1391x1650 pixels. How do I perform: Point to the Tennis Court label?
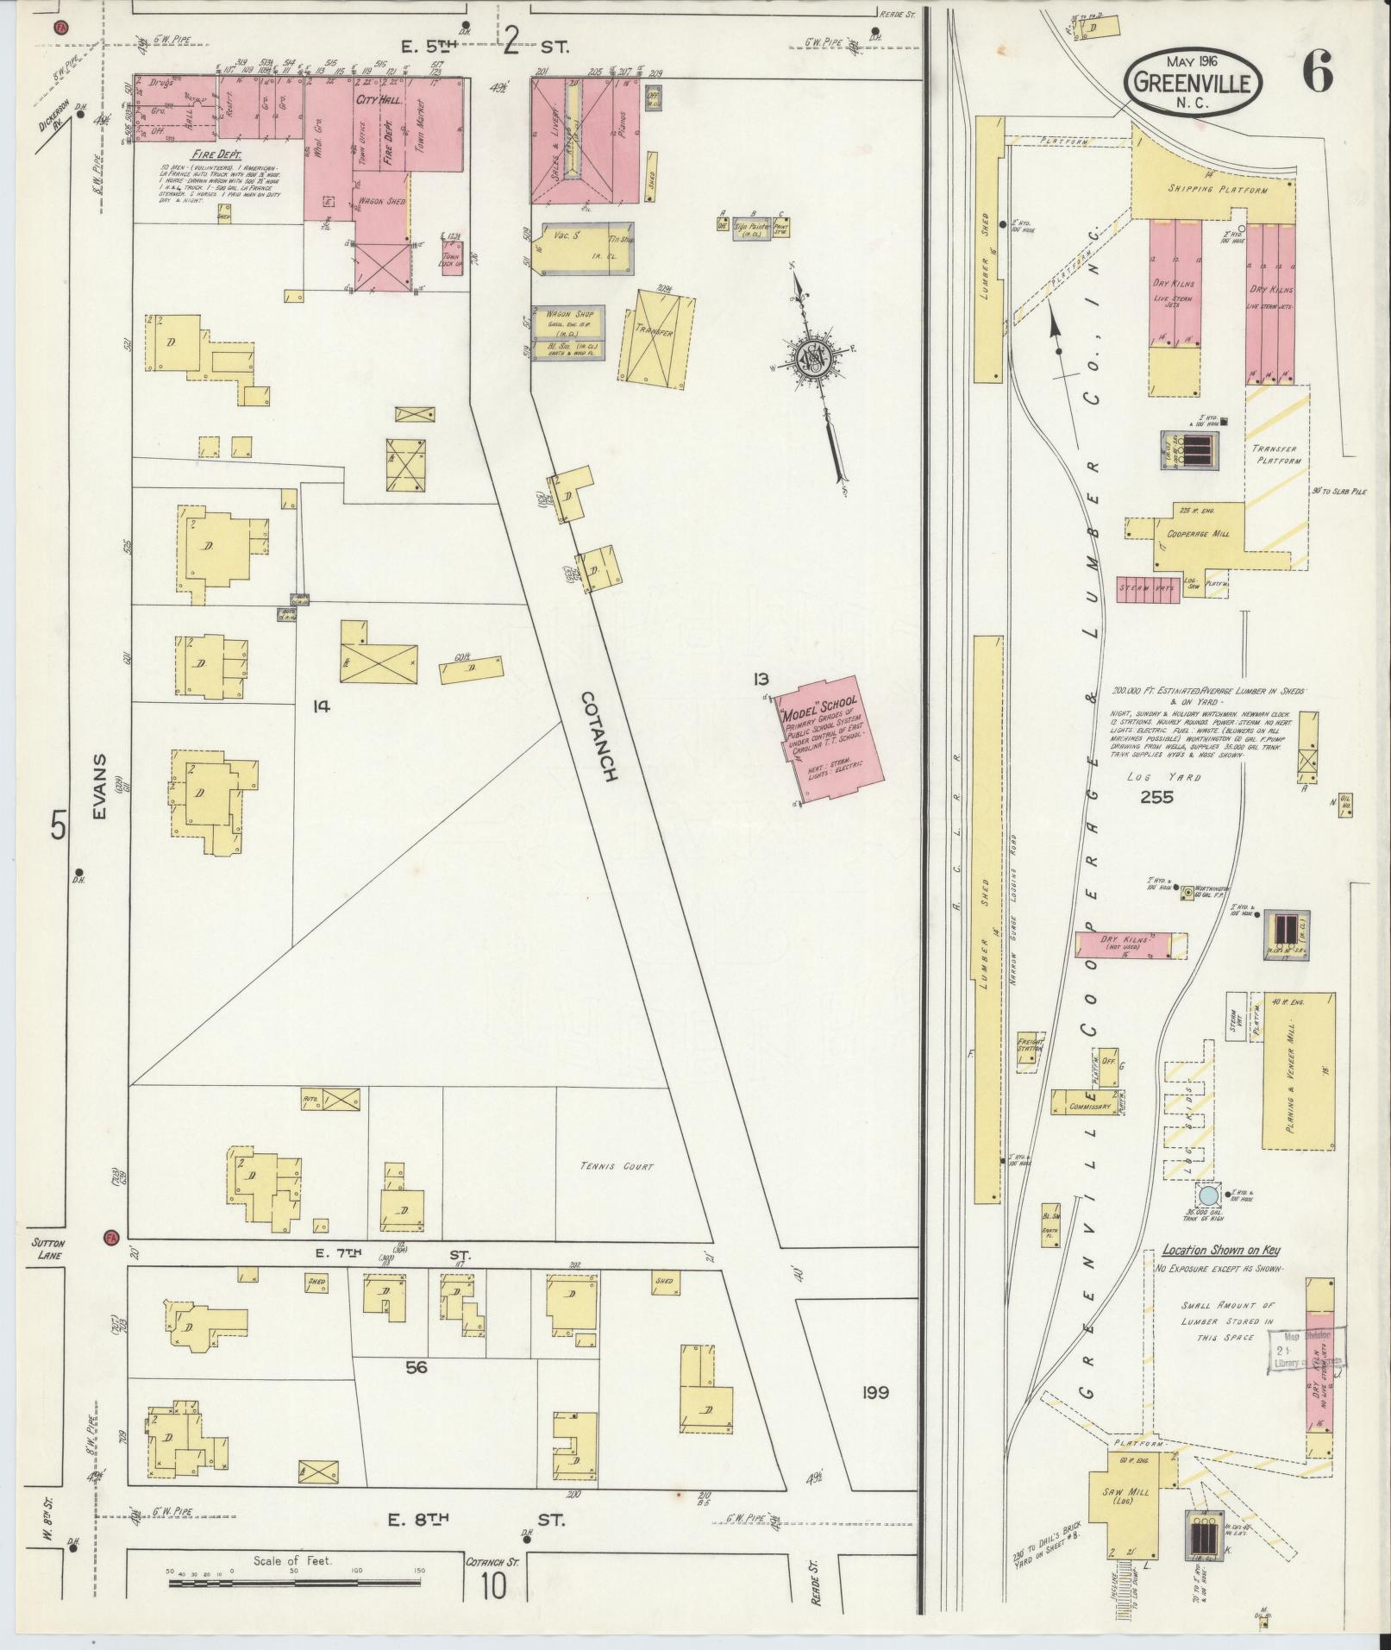pos(617,1166)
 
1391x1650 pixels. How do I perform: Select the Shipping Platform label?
pos(1218,188)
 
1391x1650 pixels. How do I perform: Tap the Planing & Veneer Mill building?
pos(1297,1070)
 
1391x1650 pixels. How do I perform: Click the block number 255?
pos(1156,797)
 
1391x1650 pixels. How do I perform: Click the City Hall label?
pos(373,100)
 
